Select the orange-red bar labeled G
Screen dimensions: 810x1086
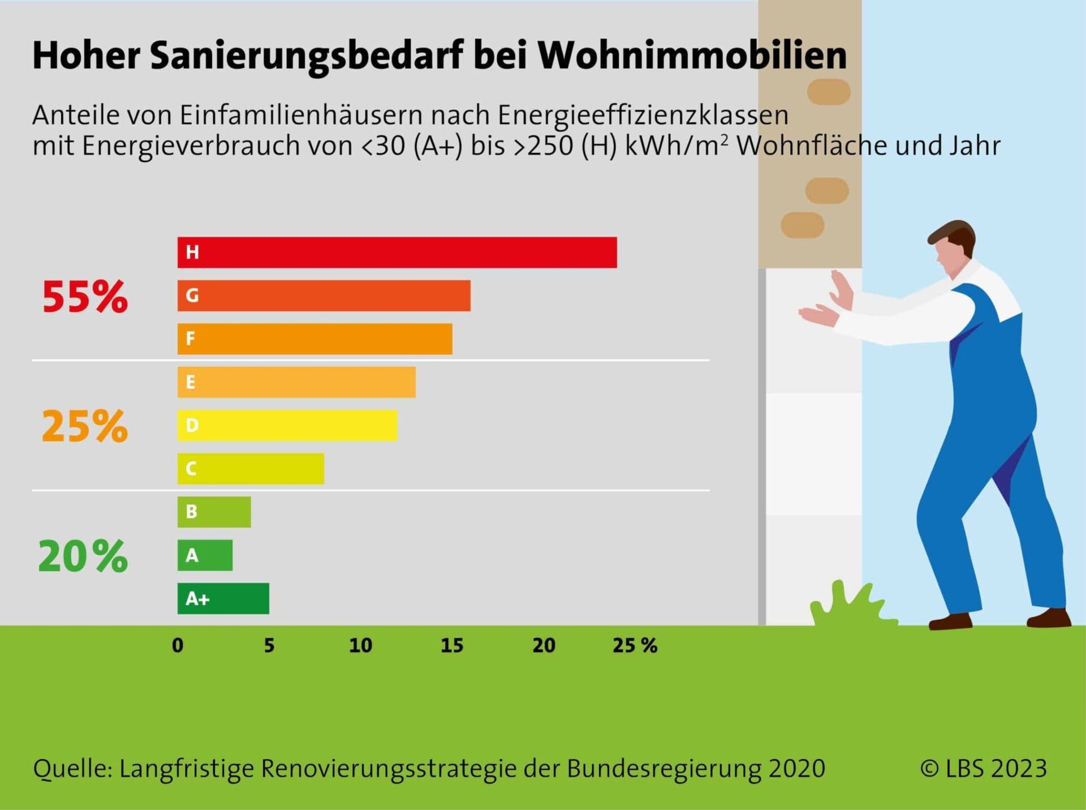[324, 295]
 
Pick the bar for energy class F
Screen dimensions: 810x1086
[314, 339]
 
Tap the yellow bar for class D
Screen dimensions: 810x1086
[287, 426]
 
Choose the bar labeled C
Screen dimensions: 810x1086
[251, 469]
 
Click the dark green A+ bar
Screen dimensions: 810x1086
[223, 598]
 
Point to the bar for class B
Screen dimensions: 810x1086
[214, 512]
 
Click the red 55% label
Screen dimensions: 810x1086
[85, 297]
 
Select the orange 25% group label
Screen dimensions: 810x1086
[85, 426]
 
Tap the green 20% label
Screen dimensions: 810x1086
[83, 556]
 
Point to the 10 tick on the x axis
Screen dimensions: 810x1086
[360, 645]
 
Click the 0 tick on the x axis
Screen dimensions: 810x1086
[178, 645]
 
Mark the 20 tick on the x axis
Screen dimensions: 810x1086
[544, 645]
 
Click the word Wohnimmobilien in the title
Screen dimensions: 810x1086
[692, 55]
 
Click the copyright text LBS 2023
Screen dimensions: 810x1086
[984, 768]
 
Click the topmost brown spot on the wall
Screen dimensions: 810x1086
[829, 91]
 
